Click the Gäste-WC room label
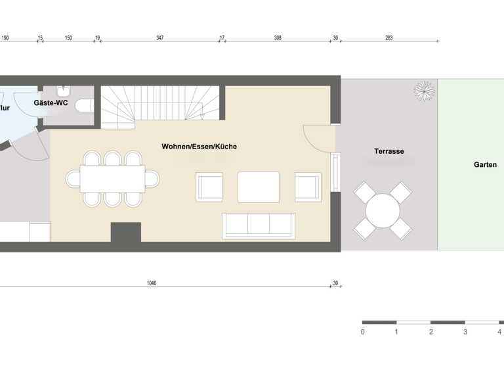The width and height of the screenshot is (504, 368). point(51,103)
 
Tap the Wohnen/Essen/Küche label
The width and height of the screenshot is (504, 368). point(199,147)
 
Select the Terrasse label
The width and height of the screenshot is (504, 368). point(389,151)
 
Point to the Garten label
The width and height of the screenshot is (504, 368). point(485,165)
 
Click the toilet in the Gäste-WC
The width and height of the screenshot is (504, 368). point(85,105)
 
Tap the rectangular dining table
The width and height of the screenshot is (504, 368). point(113,178)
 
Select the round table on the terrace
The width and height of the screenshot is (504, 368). point(383,211)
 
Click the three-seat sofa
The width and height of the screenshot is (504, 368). point(257,226)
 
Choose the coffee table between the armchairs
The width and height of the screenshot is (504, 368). point(258,187)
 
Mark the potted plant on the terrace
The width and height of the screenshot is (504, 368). point(424,91)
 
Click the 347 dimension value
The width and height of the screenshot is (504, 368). point(159,38)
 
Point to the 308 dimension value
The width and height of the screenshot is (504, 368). point(278,38)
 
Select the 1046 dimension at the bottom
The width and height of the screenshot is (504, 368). point(152,283)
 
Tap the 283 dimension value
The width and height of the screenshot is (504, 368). point(388,38)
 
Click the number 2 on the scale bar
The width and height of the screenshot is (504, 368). point(430,332)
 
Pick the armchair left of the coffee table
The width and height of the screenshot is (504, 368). point(209,187)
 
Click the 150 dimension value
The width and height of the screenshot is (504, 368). point(68,38)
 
